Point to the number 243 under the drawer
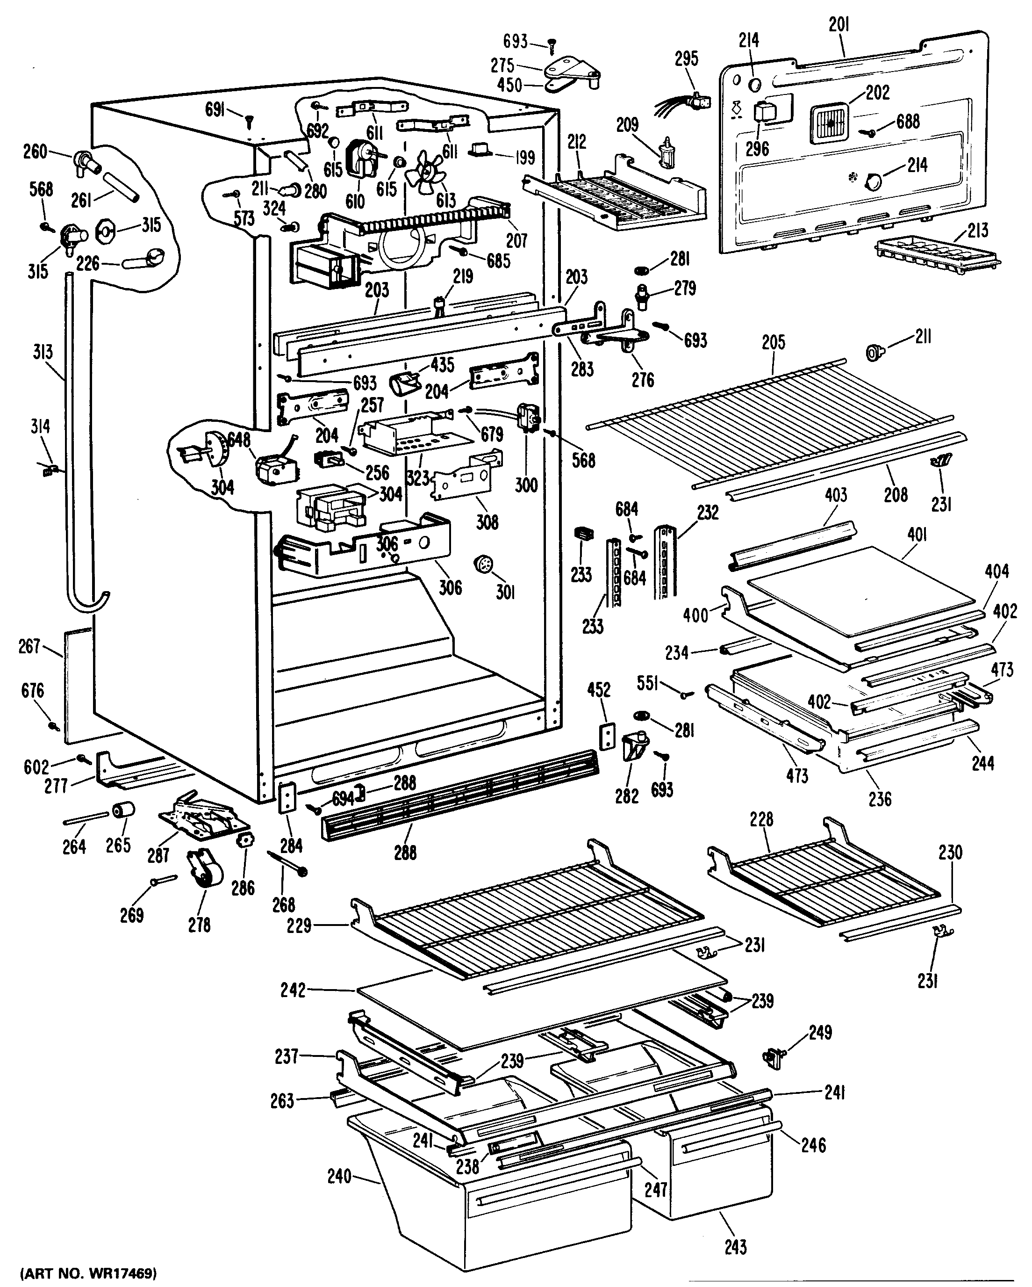[736, 1246]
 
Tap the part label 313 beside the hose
[43, 352]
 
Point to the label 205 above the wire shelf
[773, 343]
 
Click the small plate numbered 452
[607, 734]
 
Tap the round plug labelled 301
[483, 564]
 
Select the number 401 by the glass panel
[917, 535]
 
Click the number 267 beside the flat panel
[29, 646]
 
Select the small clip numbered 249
[774, 1058]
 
